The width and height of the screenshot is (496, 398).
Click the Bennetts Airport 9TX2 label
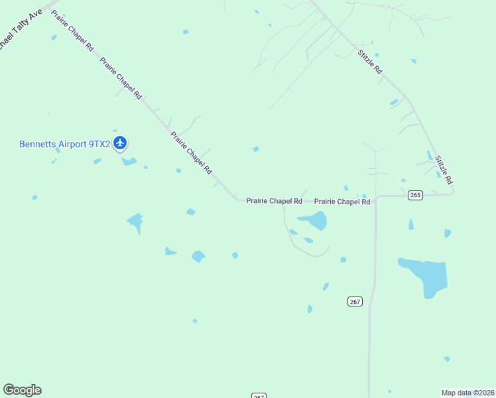tap(64, 143)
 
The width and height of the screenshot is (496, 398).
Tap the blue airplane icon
tap(120, 143)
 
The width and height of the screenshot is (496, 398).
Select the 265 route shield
tap(415, 195)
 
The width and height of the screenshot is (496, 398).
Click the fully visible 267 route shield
tap(355, 301)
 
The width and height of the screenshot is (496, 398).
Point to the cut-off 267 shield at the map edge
tap(259, 395)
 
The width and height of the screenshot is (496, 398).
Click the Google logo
tap(22, 390)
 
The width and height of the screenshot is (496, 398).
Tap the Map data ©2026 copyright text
tap(467, 393)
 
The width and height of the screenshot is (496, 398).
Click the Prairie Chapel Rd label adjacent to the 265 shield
tap(341, 201)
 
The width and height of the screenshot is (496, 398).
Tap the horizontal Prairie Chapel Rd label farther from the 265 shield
tap(274, 200)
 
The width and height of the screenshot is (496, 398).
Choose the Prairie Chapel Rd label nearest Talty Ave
tap(74, 33)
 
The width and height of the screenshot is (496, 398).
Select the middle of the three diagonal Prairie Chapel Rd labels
tap(121, 78)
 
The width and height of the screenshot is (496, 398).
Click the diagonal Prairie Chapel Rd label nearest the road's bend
tap(191, 153)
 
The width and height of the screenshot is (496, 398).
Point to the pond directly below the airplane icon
tap(128, 161)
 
